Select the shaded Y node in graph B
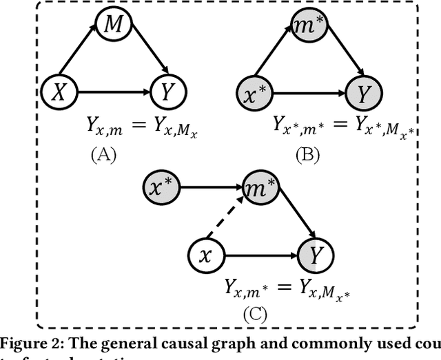click(x=361, y=90)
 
